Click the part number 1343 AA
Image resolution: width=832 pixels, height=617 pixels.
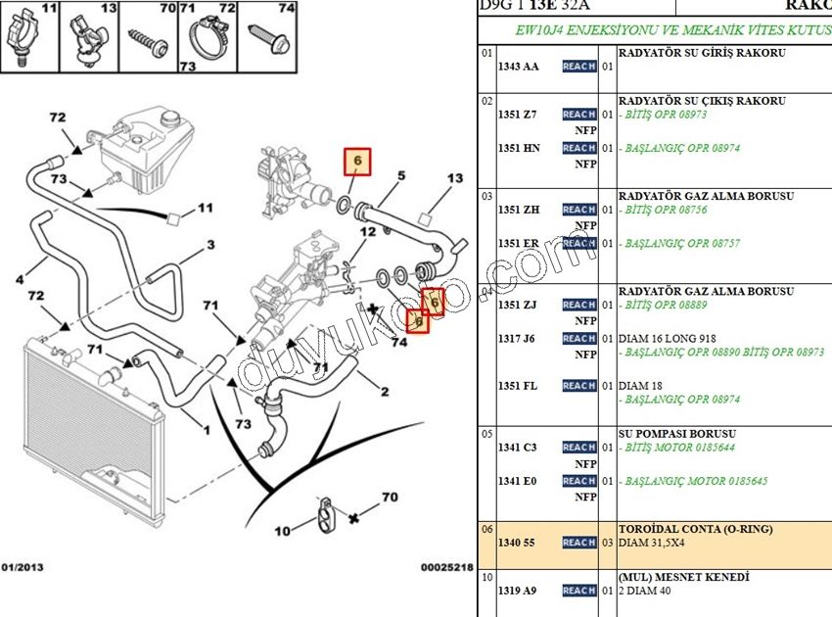(518, 67)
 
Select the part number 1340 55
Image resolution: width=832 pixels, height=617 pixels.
(518, 543)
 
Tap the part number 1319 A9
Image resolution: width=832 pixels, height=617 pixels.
(518, 591)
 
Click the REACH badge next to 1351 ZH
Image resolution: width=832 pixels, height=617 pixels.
(579, 210)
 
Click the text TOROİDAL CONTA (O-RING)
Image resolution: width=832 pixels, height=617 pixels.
(695, 529)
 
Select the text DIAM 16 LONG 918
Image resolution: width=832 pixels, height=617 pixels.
(662, 339)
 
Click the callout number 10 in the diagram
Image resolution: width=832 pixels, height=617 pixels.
(282, 532)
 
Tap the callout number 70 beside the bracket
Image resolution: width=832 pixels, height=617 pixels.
(390, 498)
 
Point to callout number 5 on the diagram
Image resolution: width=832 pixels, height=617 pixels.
(400, 176)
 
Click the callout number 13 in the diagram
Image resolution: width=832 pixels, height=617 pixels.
(455, 179)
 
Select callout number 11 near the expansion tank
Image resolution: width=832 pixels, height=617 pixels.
(205, 208)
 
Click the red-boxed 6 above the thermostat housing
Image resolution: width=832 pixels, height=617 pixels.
(357, 161)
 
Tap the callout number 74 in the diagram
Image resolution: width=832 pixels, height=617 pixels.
(397, 342)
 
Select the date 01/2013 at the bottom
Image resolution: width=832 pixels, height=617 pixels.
(22, 567)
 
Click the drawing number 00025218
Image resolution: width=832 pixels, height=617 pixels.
(446, 567)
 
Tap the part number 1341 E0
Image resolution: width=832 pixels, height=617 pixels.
(517, 481)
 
